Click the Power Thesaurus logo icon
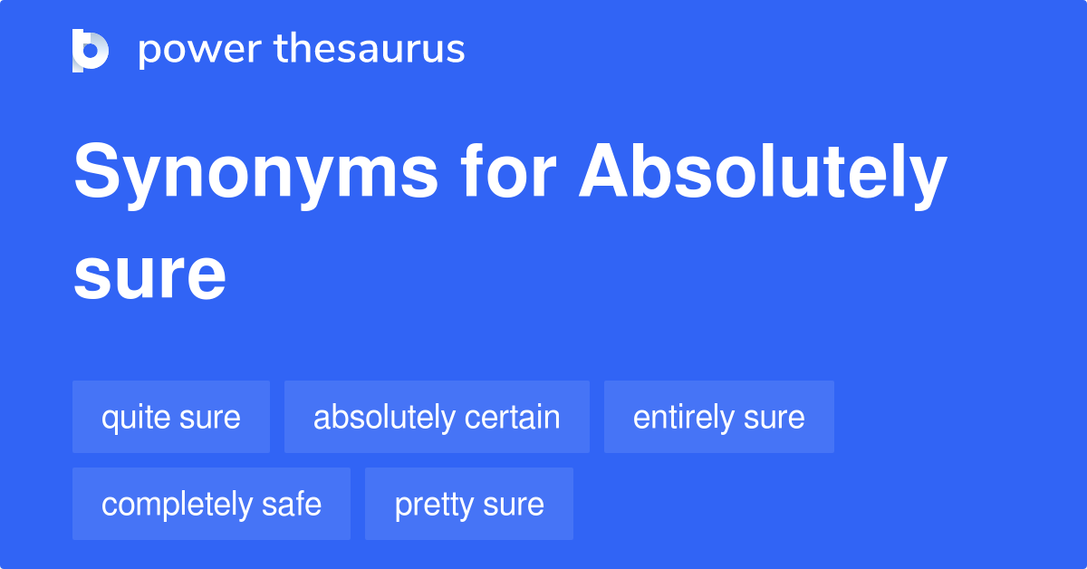click(91, 50)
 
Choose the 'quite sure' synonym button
click(171, 417)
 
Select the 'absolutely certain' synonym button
click(437, 417)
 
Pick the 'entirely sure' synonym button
click(719, 417)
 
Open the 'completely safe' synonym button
click(211, 504)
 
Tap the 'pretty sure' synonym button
click(469, 504)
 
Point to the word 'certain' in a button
click(512, 417)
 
